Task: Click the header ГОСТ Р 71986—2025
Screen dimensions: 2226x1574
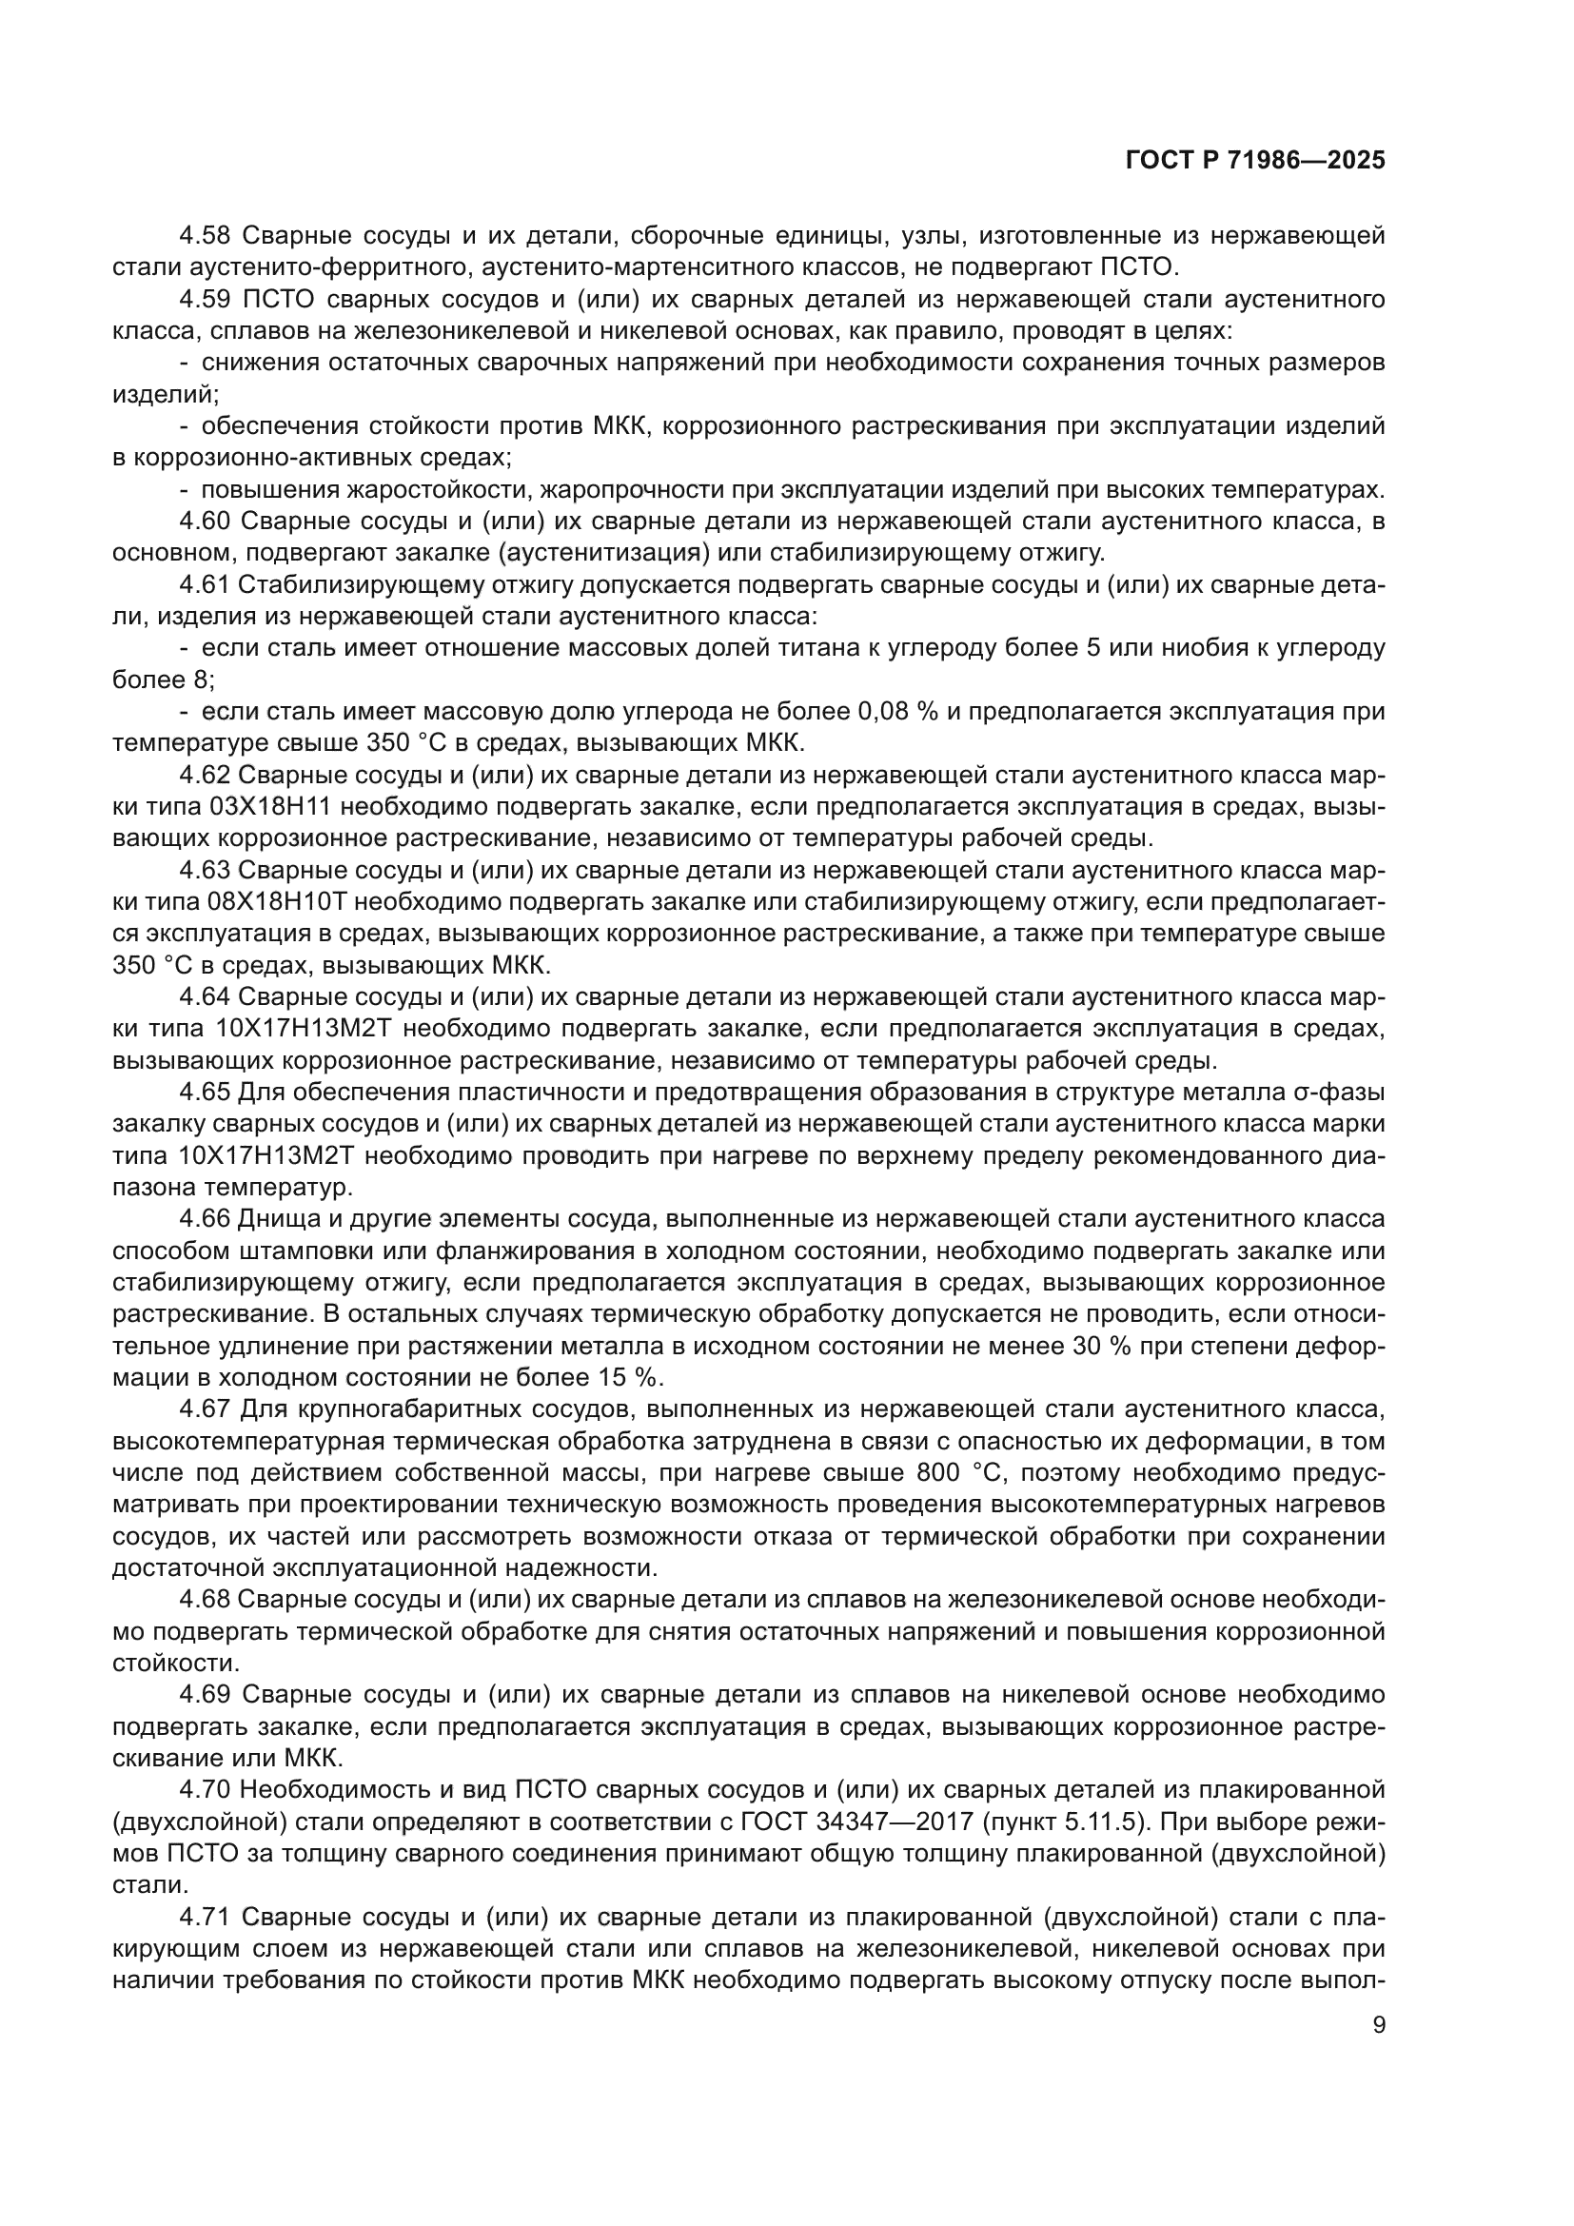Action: click(x=1254, y=161)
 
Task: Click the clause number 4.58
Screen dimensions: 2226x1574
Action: click(x=205, y=236)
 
